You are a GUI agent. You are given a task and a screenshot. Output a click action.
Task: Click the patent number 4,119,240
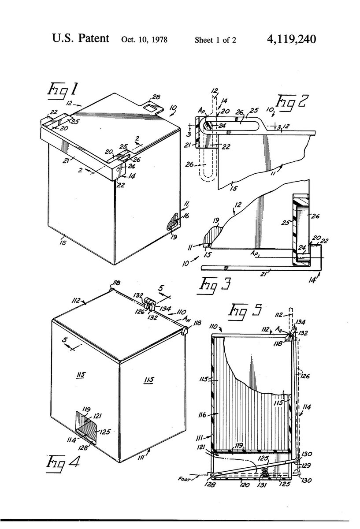(x=291, y=39)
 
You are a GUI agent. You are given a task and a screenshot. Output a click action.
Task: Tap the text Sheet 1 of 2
(x=215, y=40)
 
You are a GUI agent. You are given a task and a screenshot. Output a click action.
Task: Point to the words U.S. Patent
(x=80, y=39)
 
